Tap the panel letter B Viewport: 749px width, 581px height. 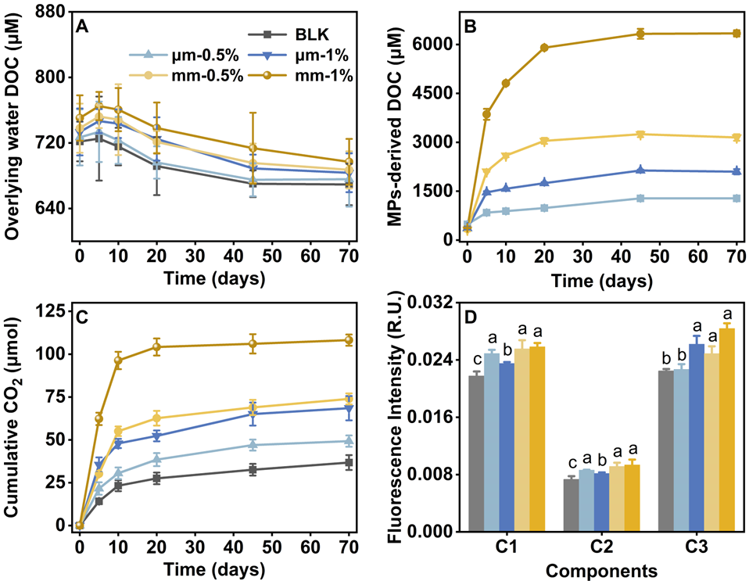pyautogui.click(x=471, y=26)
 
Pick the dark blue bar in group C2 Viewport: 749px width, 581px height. pyautogui.click(x=600, y=502)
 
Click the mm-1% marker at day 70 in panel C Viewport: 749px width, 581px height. pyautogui.click(x=349, y=340)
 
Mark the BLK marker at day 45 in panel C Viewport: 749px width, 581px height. pyautogui.click(x=253, y=470)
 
